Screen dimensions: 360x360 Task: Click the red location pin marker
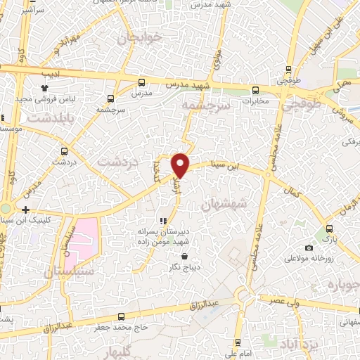tap(181, 165)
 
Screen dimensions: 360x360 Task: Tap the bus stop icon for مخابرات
tap(255, 91)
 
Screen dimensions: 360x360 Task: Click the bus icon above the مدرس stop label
tap(142, 82)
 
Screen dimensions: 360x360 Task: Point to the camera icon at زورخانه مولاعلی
tap(309, 247)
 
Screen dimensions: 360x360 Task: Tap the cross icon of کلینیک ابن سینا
tap(25, 210)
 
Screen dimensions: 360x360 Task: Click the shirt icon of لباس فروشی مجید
tap(44, 88)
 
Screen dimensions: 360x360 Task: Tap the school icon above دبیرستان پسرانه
tap(164, 220)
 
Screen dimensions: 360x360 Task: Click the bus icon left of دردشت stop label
tap(65, 150)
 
